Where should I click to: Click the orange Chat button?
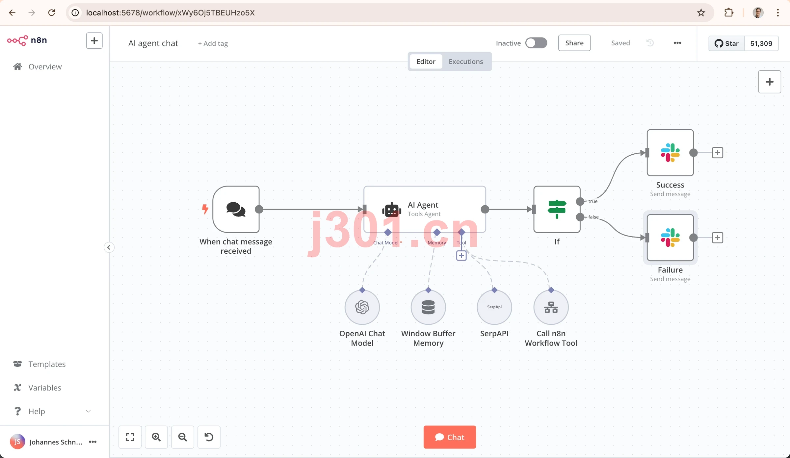click(x=450, y=437)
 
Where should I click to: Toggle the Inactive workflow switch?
click(x=536, y=43)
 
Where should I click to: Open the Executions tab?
click(x=466, y=62)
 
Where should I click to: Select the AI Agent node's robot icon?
click(x=392, y=210)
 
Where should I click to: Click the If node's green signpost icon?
click(x=557, y=209)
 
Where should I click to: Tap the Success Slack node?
click(x=670, y=153)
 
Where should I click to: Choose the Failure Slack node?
click(x=670, y=238)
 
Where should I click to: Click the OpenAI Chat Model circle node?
click(x=362, y=307)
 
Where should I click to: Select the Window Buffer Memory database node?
click(x=428, y=307)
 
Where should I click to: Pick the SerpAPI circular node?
click(x=494, y=307)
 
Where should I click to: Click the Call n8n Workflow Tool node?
click(x=551, y=307)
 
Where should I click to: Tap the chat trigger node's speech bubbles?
click(x=236, y=209)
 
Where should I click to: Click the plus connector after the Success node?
click(x=718, y=153)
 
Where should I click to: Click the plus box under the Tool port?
click(x=461, y=256)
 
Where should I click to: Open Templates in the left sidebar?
click(x=47, y=364)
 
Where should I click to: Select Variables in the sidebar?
click(x=44, y=388)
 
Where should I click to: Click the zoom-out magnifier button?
click(x=183, y=437)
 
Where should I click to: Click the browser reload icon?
click(x=52, y=13)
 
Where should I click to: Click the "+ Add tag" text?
click(x=213, y=43)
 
